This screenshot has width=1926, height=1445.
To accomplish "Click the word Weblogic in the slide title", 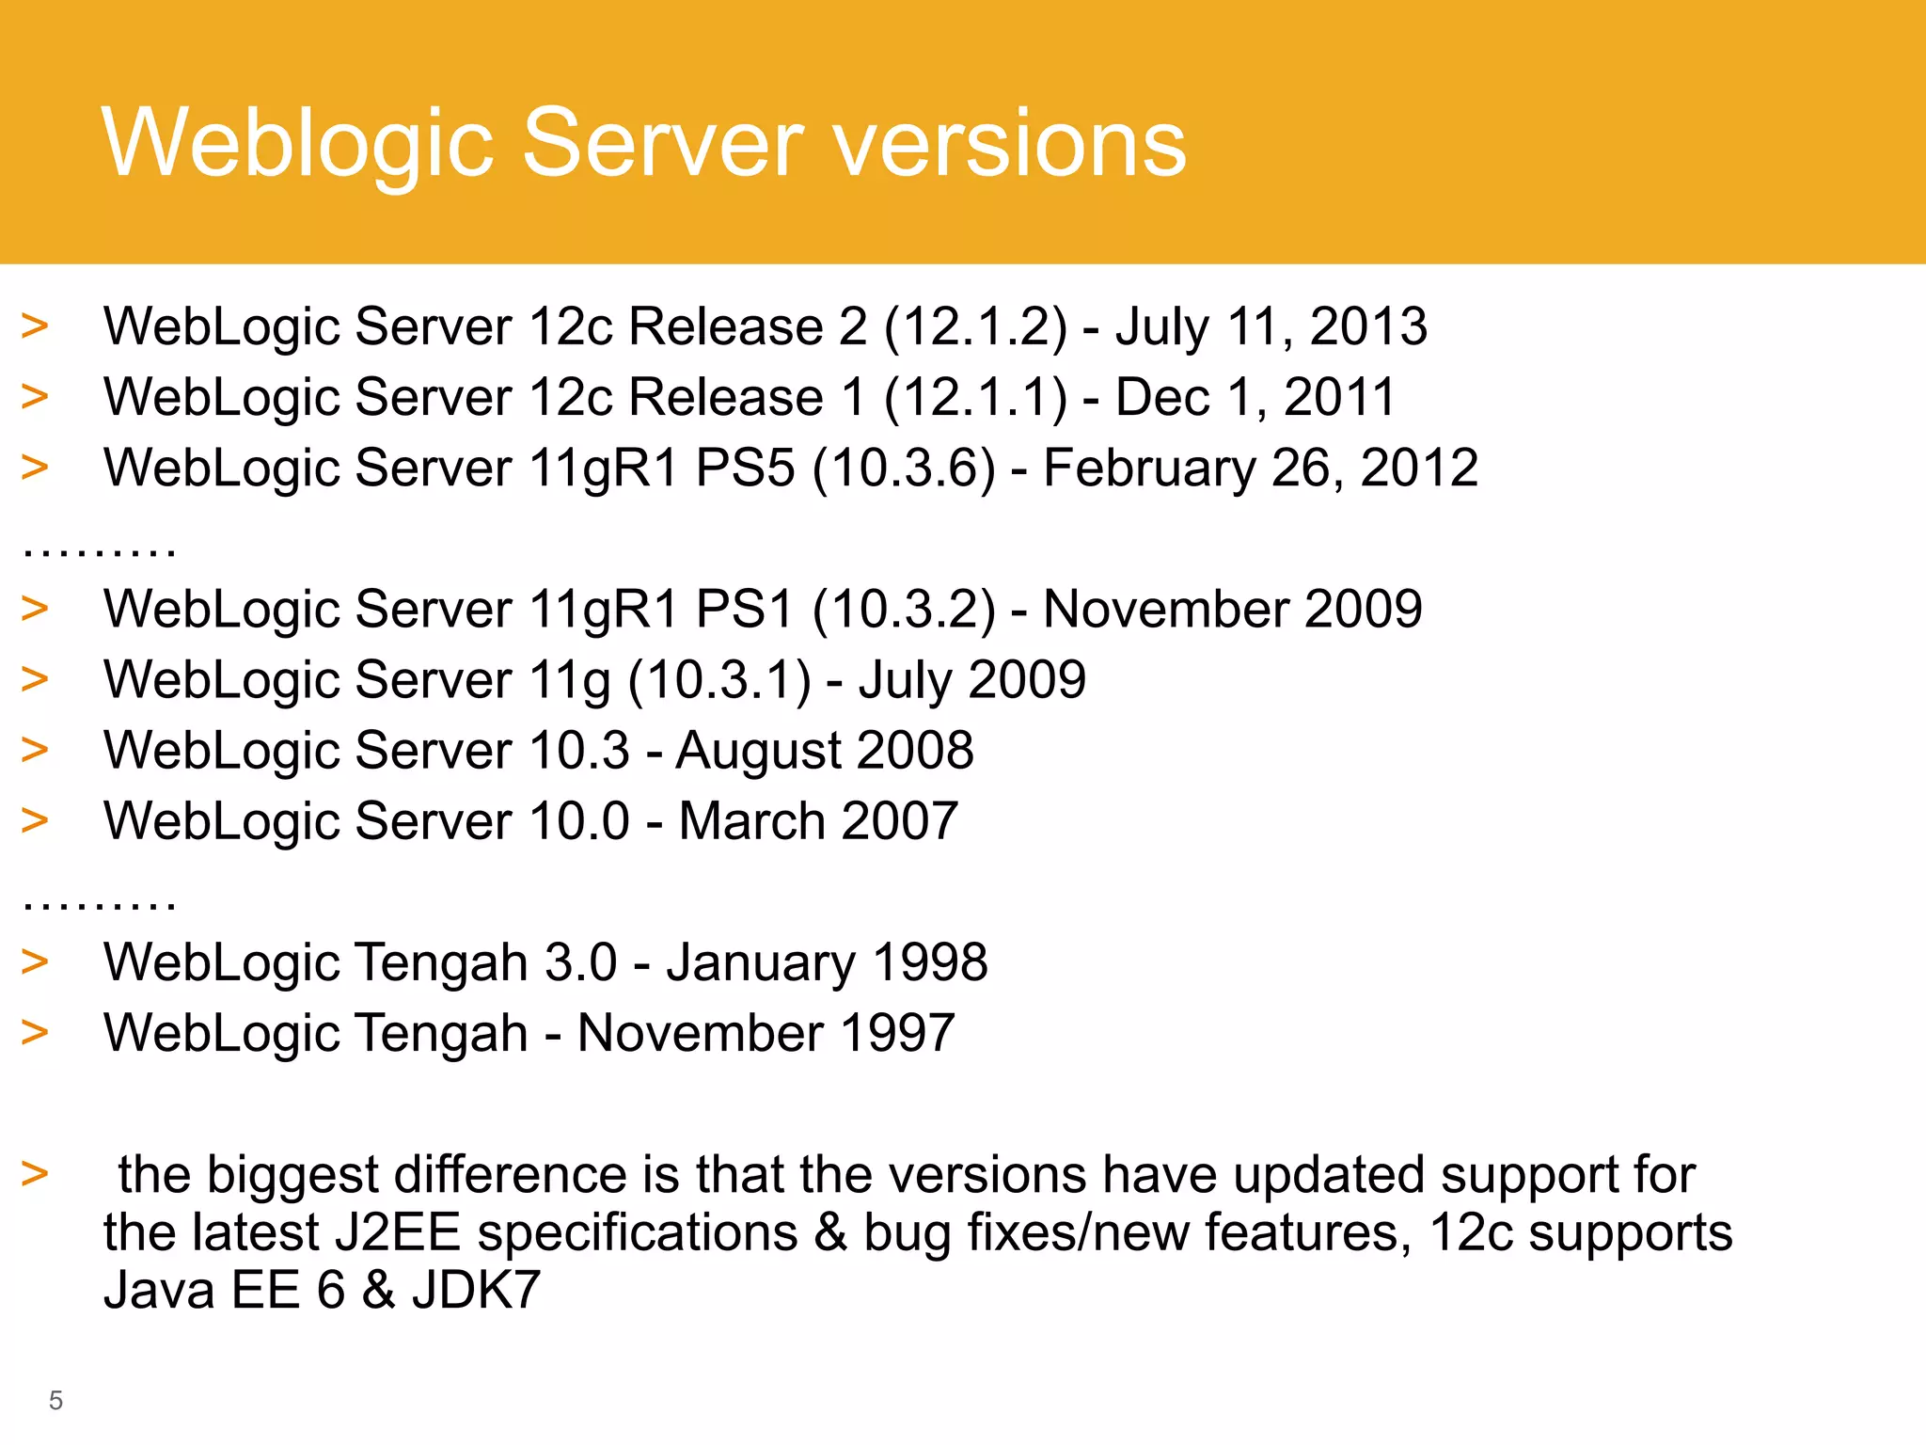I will [297, 143].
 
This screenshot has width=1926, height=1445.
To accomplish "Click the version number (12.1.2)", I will [976, 327].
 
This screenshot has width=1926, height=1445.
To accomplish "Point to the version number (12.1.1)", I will [976, 398].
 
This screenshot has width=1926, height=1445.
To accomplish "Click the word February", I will [1148, 468].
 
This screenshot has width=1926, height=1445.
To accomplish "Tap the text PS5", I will [745, 468].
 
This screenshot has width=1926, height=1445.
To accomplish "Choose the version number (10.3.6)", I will [904, 468].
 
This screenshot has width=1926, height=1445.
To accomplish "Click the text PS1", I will [745, 610].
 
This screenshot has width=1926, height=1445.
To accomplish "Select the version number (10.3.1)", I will [719, 680].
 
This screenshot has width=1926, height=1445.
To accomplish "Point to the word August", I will [758, 751].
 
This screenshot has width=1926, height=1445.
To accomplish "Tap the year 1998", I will [930, 962].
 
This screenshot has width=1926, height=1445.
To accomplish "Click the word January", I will [761, 962].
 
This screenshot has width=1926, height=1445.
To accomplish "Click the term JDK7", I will [476, 1290].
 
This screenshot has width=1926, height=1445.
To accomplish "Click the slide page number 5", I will [55, 1401].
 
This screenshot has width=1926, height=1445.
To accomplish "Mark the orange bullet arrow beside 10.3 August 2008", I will [35, 750].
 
